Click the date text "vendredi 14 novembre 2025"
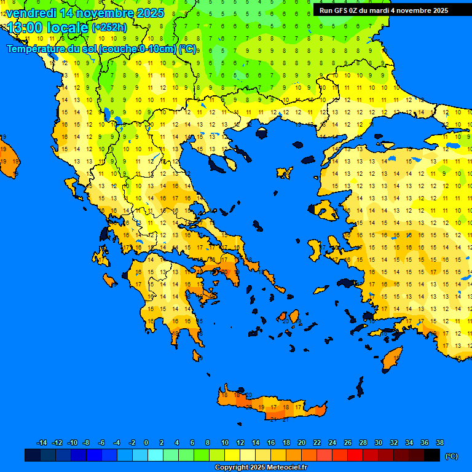click(85, 13)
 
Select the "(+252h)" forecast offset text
click(109, 28)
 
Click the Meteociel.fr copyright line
click(261, 467)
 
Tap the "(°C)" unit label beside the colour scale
click(451, 455)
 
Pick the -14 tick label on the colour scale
click(42, 442)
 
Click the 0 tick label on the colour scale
click(146, 442)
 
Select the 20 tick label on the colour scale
click(301, 442)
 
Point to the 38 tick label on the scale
click(439, 442)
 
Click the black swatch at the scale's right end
click(432, 455)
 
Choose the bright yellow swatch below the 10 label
click(232, 455)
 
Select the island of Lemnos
click(283, 173)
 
